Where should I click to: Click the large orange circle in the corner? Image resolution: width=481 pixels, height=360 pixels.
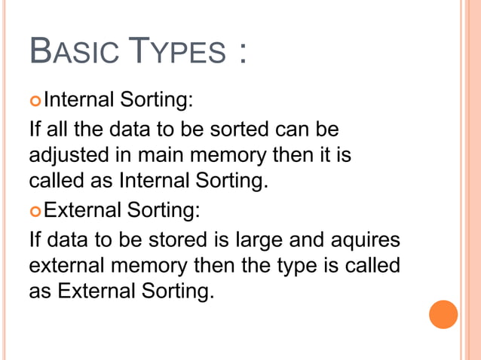(x=443, y=314)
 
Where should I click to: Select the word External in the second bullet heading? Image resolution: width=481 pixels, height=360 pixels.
(x=82, y=209)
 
